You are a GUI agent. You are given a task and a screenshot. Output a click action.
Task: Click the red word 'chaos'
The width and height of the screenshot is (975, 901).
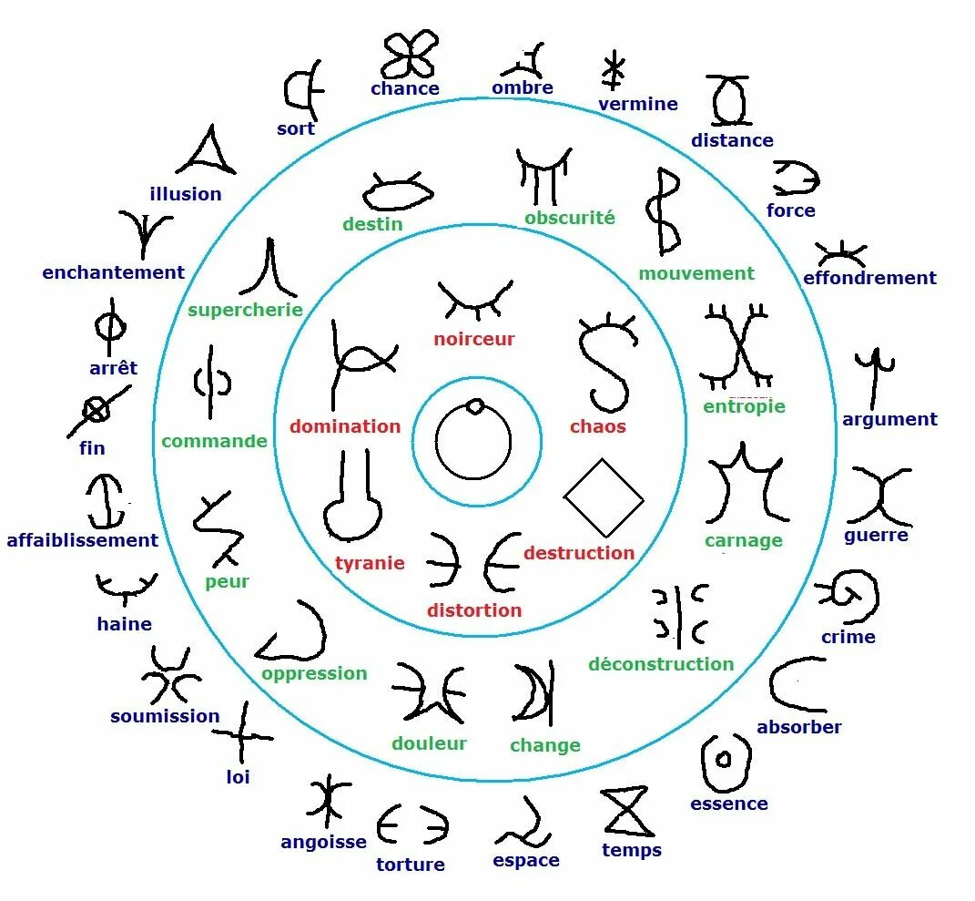point(598,426)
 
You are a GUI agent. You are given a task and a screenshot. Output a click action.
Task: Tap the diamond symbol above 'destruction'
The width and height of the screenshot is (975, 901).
point(604,498)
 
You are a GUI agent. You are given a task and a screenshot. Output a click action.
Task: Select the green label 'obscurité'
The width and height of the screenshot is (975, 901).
point(570,218)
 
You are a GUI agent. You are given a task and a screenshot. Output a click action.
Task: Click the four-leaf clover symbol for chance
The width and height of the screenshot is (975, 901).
point(409,54)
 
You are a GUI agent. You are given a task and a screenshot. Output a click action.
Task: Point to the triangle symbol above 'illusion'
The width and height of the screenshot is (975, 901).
point(208,151)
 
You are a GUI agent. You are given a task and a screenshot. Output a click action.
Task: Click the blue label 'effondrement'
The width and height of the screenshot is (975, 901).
point(869,278)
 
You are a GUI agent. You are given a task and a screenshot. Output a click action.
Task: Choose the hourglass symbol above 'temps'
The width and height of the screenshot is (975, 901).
point(627,812)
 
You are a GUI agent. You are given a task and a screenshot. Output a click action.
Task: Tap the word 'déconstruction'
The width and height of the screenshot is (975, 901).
point(661,664)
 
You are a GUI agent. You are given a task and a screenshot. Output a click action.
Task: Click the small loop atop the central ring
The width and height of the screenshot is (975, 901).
point(473,405)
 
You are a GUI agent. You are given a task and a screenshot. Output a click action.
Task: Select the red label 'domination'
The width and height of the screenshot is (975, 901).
point(345,426)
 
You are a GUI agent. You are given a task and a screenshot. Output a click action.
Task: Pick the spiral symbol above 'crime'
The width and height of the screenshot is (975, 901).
point(851,594)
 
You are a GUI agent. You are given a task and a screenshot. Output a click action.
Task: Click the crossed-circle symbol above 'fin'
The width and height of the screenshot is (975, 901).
point(96,411)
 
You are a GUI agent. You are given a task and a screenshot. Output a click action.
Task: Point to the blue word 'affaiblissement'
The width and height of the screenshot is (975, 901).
point(82,540)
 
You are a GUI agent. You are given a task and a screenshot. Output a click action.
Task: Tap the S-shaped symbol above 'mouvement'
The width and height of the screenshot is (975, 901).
point(664,211)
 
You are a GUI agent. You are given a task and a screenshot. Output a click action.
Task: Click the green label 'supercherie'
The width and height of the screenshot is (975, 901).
point(245,310)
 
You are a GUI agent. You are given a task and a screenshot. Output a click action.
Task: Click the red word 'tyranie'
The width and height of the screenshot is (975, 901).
point(370,563)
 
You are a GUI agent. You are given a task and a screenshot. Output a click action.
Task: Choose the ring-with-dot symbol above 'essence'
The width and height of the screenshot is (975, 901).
point(726,761)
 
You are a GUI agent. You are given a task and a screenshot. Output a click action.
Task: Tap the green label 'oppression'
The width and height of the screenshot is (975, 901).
point(314,673)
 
